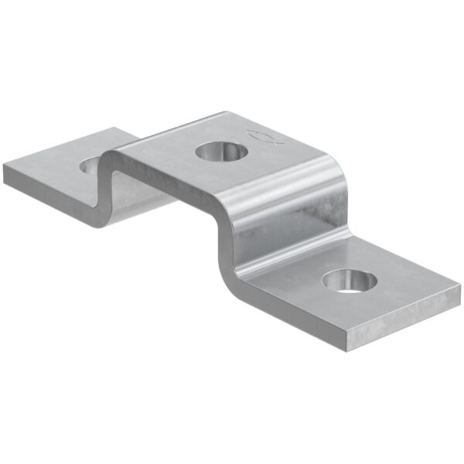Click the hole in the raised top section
pos(217,151)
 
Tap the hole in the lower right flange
pos(349,280)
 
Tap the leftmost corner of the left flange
pos(4,172)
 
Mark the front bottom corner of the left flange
pos(96,226)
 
